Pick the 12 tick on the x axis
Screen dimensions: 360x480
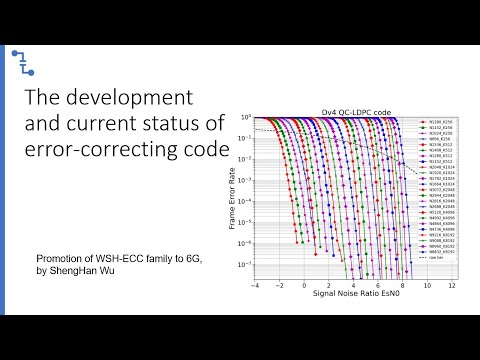point(452,285)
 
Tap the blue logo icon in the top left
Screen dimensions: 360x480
point(21,59)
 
